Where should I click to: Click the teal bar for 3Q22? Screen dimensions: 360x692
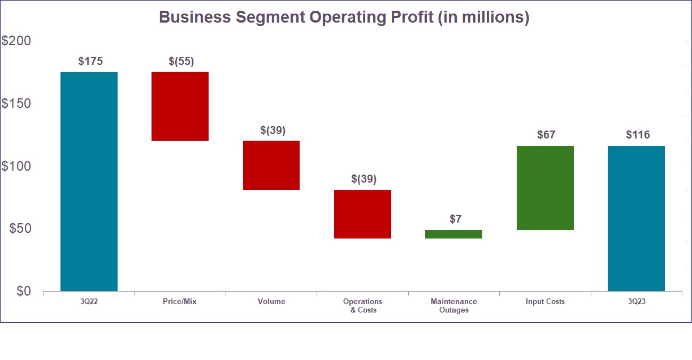click(x=89, y=181)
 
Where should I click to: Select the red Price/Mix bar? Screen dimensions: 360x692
click(x=180, y=106)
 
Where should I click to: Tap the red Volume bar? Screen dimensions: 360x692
click(x=271, y=165)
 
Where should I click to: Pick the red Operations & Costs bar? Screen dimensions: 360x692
click(x=362, y=214)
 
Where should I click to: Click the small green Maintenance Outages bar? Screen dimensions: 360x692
click(x=453, y=234)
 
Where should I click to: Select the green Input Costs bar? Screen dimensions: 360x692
click(x=545, y=188)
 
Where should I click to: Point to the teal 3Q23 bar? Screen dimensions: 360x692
click(x=636, y=218)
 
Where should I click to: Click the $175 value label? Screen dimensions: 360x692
click(x=90, y=62)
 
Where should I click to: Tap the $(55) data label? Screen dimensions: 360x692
click(x=181, y=62)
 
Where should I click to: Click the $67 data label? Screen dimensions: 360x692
click(x=546, y=135)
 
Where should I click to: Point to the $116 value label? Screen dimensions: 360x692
click(x=638, y=135)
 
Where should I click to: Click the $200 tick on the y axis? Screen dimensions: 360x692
click(x=17, y=41)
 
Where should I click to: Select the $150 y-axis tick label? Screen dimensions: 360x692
click(x=17, y=104)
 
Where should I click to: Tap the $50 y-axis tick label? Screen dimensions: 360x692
click(x=20, y=229)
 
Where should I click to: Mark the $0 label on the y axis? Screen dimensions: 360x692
click(x=24, y=291)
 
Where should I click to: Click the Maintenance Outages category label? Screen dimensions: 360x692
click(x=453, y=306)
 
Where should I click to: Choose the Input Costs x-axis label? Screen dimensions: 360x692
click(x=545, y=302)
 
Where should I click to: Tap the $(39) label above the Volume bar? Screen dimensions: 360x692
click(x=273, y=130)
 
